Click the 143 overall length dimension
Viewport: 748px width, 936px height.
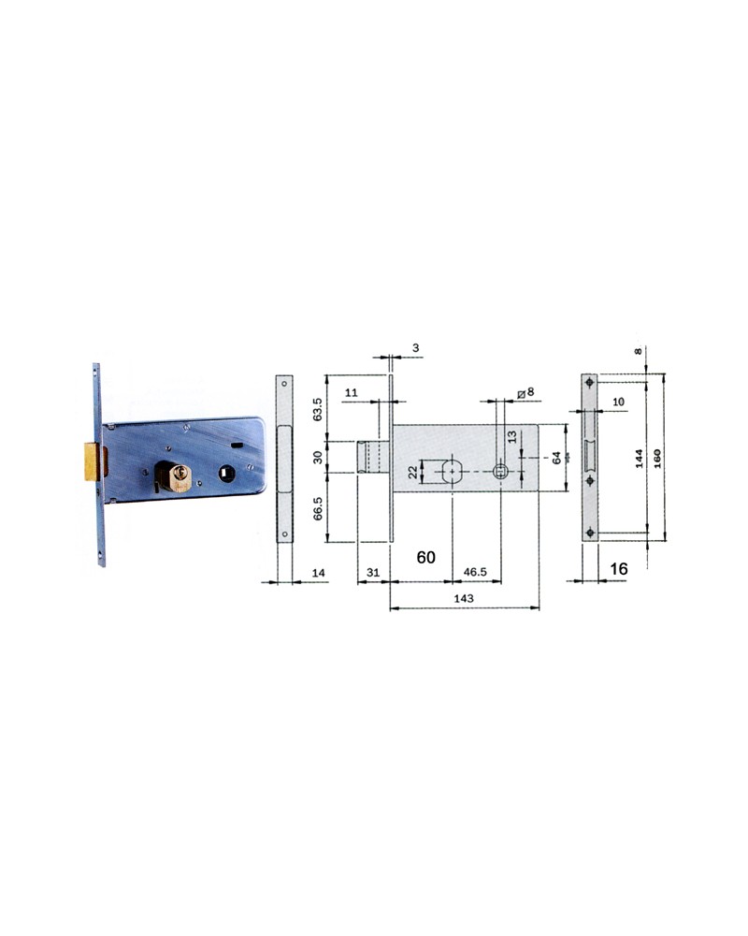tap(462, 598)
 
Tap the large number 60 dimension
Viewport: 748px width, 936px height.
tap(425, 557)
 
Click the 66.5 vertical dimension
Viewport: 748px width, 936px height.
tap(317, 507)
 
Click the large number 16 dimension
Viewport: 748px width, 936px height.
tap(617, 568)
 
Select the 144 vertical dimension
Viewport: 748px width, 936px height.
tap(638, 457)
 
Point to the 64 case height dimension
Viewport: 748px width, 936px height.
tap(556, 457)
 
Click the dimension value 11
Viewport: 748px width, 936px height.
tap(351, 394)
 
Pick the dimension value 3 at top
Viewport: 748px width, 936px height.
tap(415, 348)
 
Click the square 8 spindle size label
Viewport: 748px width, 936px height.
tap(527, 392)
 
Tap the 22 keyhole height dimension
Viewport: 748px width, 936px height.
tap(412, 471)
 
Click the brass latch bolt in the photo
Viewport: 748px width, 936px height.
tap(91, 461)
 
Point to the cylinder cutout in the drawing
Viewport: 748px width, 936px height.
tap(453, 471)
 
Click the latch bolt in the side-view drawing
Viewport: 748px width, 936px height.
tap(374, 457)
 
